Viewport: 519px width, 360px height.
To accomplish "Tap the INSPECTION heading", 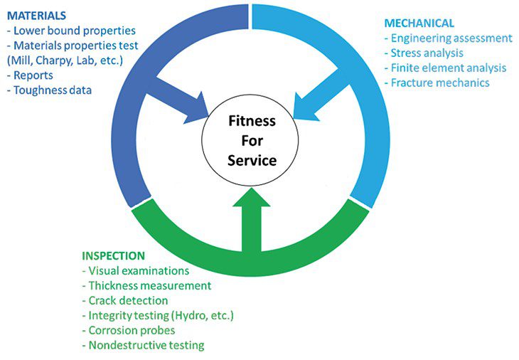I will [114, 255].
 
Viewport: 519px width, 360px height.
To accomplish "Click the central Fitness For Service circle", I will [252, 141].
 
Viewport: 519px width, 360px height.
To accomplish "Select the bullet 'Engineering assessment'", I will [448, 38].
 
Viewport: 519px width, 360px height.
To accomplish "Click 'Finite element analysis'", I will [445, 68].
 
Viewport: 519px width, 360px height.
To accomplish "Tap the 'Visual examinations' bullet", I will [135, 270].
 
